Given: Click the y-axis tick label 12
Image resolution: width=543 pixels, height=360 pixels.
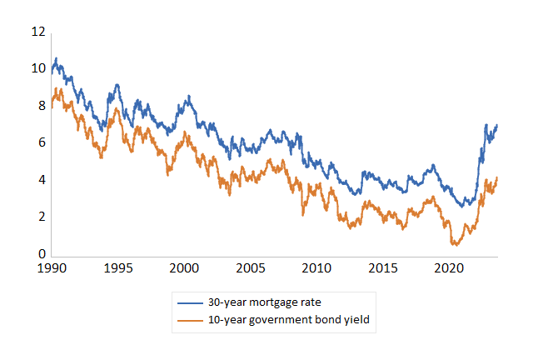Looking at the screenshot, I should [37, 32].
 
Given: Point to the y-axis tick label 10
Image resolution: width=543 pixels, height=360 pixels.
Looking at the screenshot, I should [37, 68].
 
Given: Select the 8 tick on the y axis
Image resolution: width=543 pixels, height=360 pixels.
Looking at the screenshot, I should [40, 106].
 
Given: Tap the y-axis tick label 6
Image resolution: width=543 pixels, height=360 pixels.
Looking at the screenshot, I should [40, 143].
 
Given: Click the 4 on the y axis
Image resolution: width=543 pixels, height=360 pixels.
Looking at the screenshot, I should [40, 180].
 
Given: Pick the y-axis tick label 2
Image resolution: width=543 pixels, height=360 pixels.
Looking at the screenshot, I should [40, 217].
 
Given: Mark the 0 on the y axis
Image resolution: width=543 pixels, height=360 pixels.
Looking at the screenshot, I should [40, 255].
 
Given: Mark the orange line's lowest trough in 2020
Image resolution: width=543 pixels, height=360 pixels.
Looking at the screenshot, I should [455, 244].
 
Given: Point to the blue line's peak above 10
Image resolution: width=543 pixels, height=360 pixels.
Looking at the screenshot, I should [56, 59].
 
